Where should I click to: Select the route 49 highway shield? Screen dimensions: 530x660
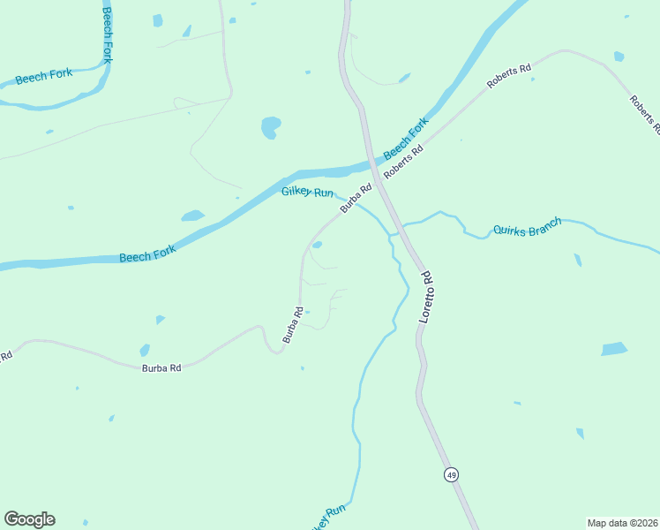451,474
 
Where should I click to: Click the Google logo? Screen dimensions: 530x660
29,519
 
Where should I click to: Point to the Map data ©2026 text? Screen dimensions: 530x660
622,523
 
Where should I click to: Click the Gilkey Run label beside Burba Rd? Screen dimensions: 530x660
307,193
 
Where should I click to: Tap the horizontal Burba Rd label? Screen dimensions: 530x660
161,367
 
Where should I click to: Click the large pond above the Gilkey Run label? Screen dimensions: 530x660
271,128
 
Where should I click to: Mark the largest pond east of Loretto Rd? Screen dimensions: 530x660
614,349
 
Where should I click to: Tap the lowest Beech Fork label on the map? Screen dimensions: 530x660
147,254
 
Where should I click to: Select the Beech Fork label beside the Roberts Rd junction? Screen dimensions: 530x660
405,137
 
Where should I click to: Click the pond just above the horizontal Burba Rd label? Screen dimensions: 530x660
145,350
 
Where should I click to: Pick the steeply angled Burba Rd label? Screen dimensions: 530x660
293,324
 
